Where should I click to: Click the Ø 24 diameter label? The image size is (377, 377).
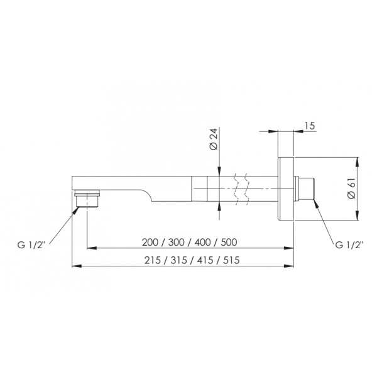(214, 139)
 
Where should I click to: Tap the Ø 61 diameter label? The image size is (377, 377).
(351, 188)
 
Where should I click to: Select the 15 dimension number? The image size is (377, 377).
(310, 126)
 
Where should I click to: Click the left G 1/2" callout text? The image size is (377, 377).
(31, 245)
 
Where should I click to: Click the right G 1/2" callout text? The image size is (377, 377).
(349, 245)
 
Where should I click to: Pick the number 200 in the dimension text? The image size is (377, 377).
(150, 242)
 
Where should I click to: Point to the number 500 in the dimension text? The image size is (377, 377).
(229, 242)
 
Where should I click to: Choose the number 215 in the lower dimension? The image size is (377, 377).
(153, 260)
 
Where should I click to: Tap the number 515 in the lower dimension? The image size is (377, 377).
(231, 260)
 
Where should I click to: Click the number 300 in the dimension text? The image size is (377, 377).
(177, 242)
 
